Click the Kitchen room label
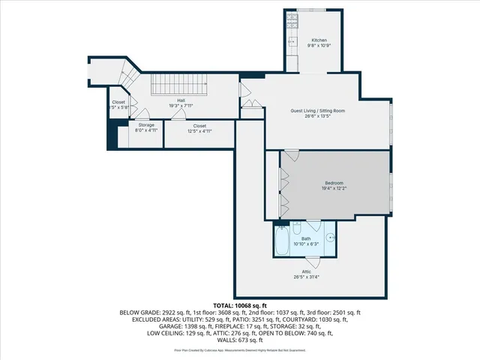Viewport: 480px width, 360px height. click(319, 40)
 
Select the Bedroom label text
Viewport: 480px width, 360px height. click(334, 183)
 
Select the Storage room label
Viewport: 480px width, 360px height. click(145, 124)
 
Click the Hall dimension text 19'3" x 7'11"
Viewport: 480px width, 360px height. click(181, 106)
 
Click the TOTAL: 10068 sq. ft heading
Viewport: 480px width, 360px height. click(240, 306)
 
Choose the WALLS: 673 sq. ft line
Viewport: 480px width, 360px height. click(240, 340)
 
